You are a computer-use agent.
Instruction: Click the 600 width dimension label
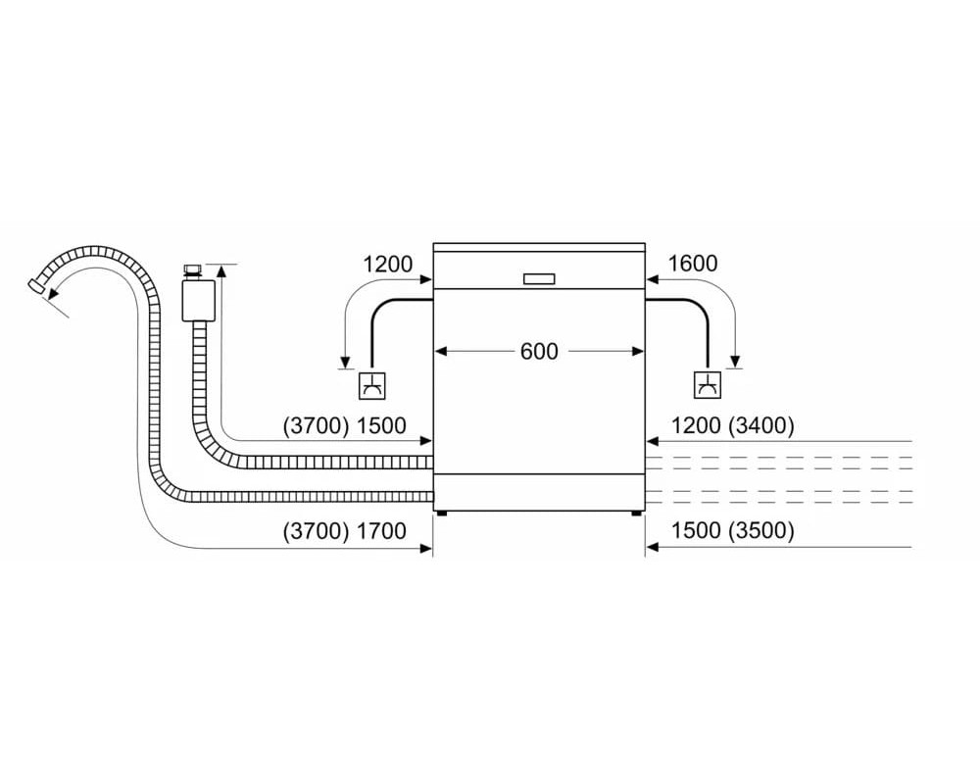coord(539,352)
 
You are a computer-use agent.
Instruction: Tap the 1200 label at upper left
coord(387,264)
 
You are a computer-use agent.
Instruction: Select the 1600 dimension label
coord(693,264)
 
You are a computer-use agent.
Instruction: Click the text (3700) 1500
coord(345,425)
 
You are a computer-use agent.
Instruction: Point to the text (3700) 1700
coord(345,531)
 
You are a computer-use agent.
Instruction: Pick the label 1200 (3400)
coord(732,425)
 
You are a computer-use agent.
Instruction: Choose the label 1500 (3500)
coord(732,531)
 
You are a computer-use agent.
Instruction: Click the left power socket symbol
coord(371,385)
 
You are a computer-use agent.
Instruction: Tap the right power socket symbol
coord(708,385)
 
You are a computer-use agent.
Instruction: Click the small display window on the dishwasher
coord(539,279)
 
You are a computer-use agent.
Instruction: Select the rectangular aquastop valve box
coord(199,301)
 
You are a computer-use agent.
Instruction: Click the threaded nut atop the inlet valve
coord(192,271)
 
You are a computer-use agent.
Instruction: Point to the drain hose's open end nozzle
coord(36,285)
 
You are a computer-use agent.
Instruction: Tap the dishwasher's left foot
coord(443,514)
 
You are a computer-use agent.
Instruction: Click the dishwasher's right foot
coord(636,514)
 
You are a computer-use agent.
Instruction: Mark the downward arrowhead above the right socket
coord(735,362)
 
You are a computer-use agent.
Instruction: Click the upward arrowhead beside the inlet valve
coord(220,270)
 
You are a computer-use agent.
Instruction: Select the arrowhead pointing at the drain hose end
coord(54,291)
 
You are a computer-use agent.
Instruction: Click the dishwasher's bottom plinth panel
coord(539,493)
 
